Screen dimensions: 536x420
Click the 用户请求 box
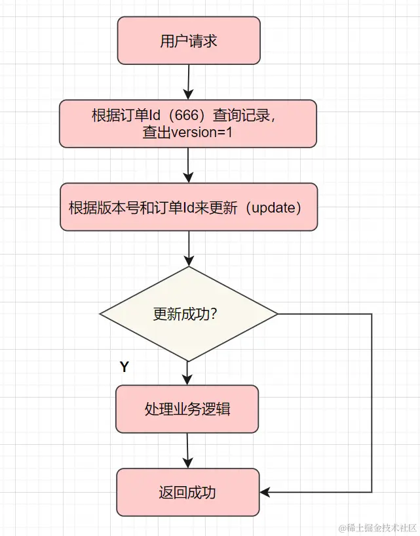[189, 41]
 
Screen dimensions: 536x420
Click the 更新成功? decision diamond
[189, 314]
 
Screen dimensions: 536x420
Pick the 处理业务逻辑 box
[187, 409]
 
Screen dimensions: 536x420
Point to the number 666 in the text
[188, 115]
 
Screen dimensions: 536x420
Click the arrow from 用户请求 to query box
[188, 82]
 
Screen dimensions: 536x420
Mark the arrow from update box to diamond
[189, 249]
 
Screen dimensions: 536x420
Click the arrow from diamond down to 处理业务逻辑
[189, 373]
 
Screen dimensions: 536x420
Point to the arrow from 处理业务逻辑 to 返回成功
[188, 451]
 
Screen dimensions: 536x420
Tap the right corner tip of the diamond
[277, 314]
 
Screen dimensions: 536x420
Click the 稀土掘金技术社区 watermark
[377, 527]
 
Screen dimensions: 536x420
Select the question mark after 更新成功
[214, 314]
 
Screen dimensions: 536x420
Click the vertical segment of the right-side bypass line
[372, 403]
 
